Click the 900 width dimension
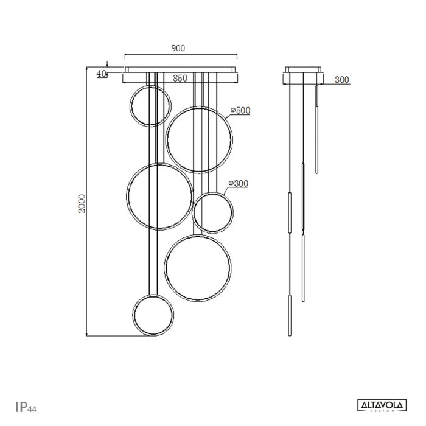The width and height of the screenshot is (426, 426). click(x=178, y=48)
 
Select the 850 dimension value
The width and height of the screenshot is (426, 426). click(x=180, y=78)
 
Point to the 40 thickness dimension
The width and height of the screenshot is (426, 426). click(x=101, y=74)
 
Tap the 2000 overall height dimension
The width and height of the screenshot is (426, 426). click(x=82, y=203)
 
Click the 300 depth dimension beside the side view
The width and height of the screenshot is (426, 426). click(x=342, y=80)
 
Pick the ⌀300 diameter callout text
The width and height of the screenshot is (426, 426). click(x=238, y=183)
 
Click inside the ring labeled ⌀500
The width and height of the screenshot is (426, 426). click(x=199, y=140)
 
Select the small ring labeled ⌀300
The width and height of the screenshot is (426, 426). click(x=213, y=213)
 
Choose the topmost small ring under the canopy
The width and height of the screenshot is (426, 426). click(x=150, y=106)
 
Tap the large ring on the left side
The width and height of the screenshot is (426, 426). click(x=159, y=197)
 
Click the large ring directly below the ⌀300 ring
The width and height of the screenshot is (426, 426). click(x=197, y=268)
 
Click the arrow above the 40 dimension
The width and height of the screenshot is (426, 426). click(x=107, y=63)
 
